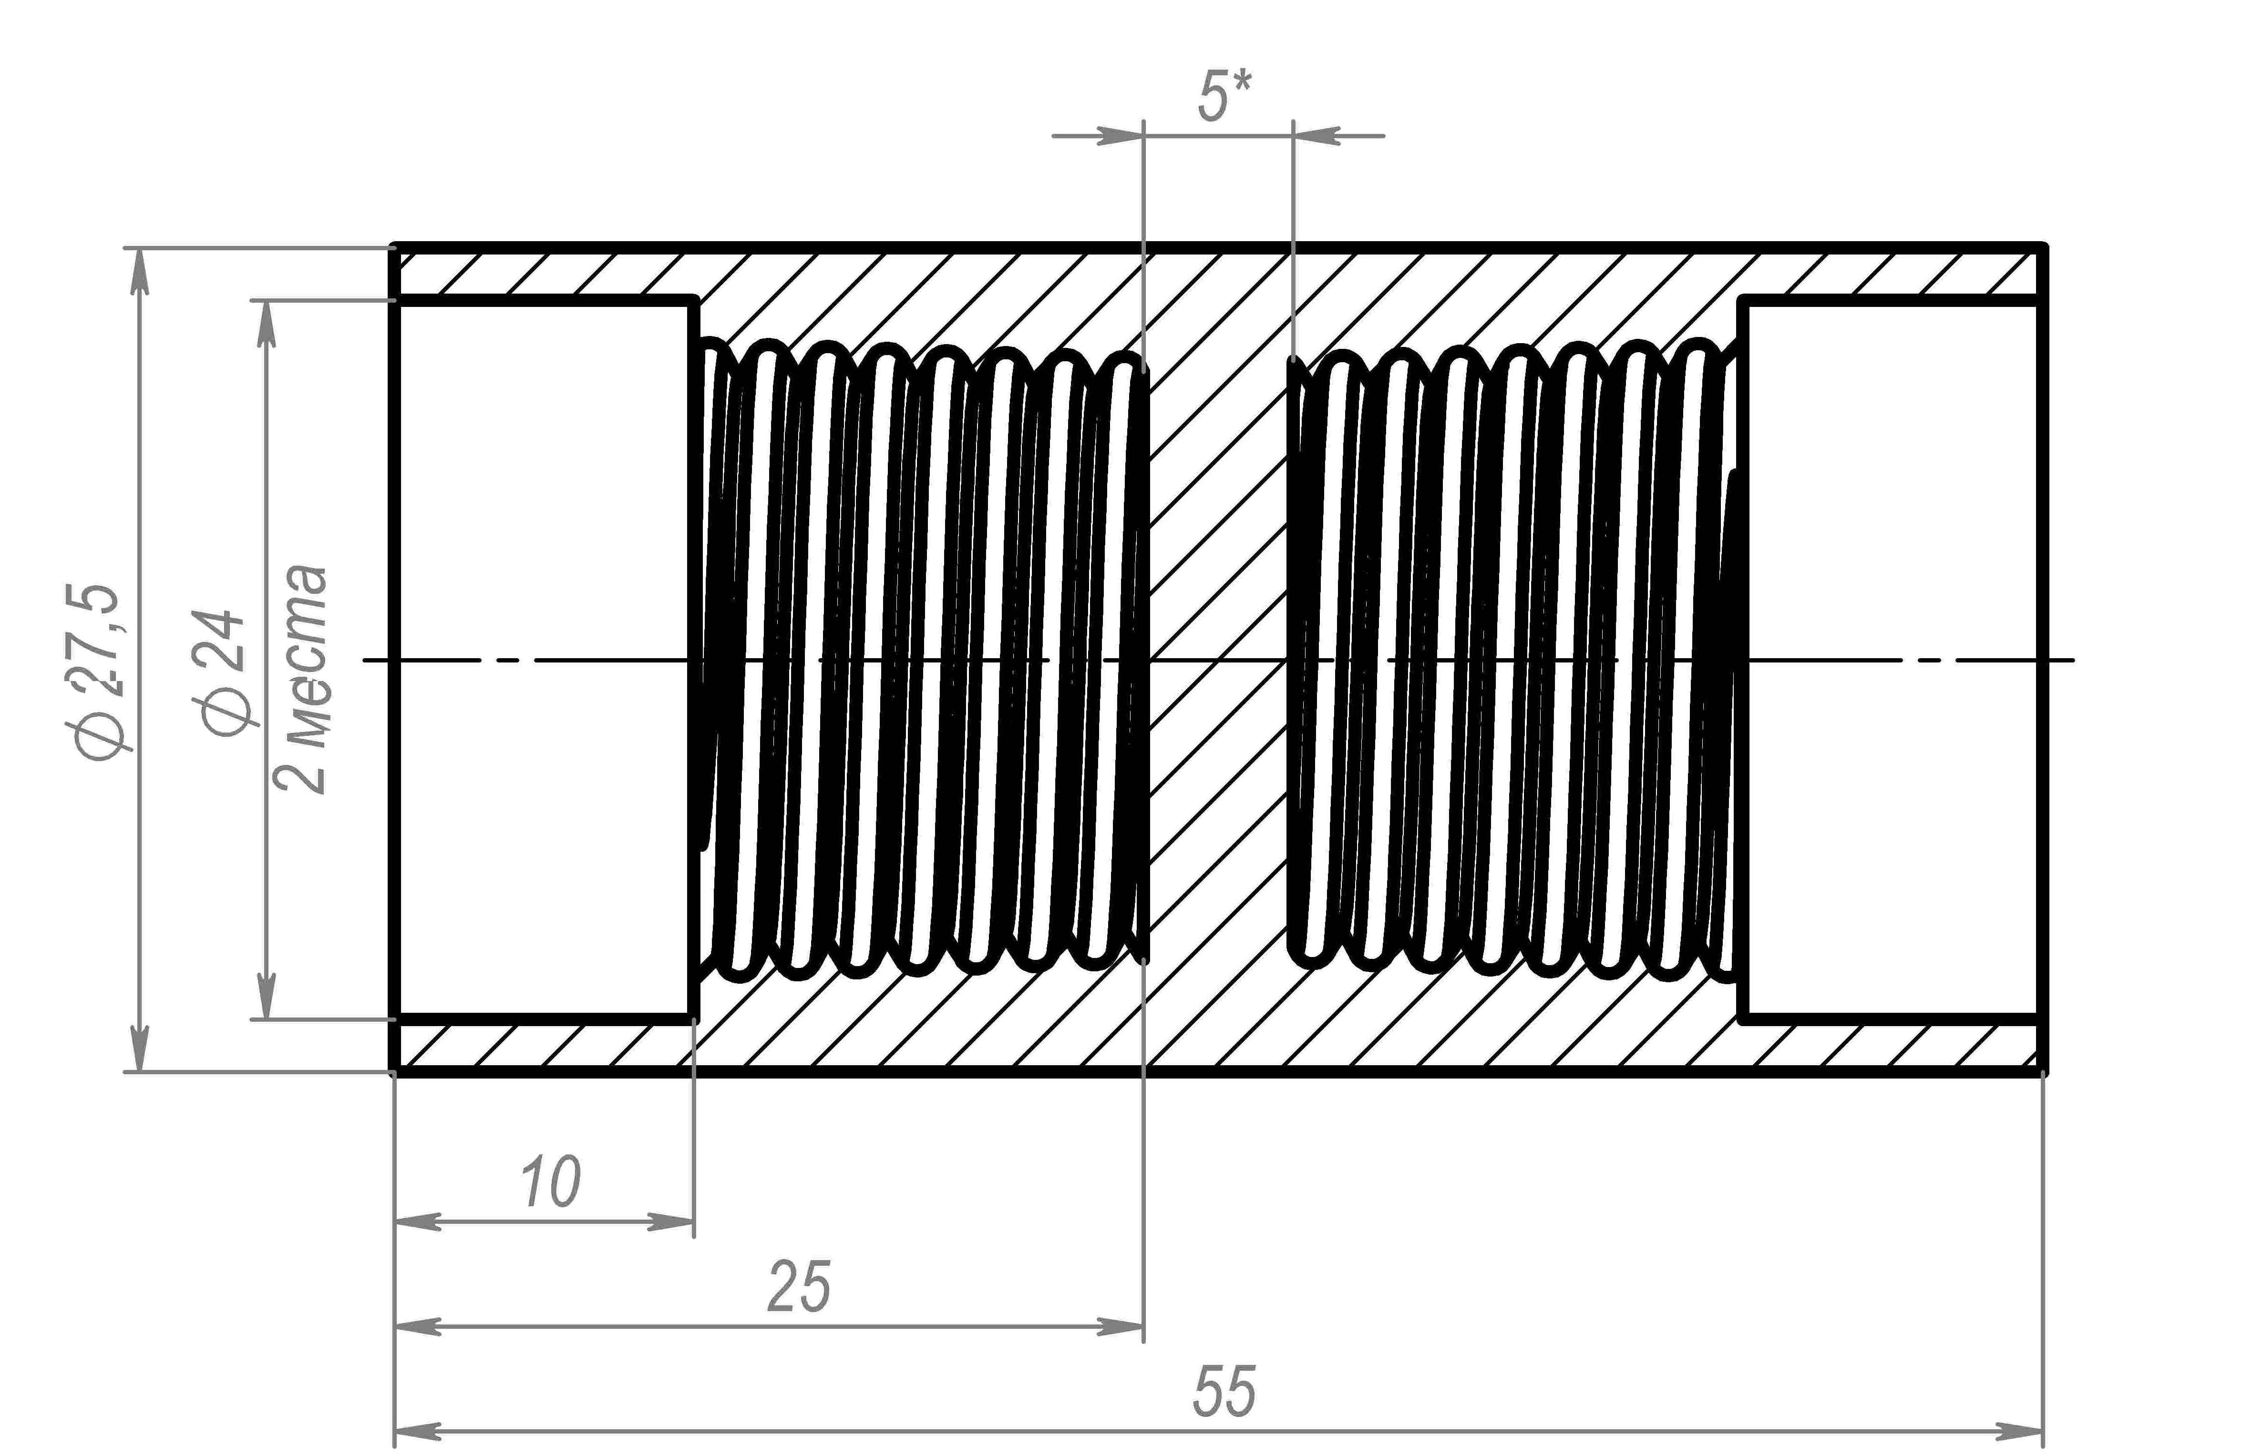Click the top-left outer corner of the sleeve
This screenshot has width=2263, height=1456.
393,248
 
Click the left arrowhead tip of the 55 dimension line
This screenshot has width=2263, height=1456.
395,1429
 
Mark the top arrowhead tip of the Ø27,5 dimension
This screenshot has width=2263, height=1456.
140,250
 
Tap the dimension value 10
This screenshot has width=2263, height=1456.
550,1182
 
